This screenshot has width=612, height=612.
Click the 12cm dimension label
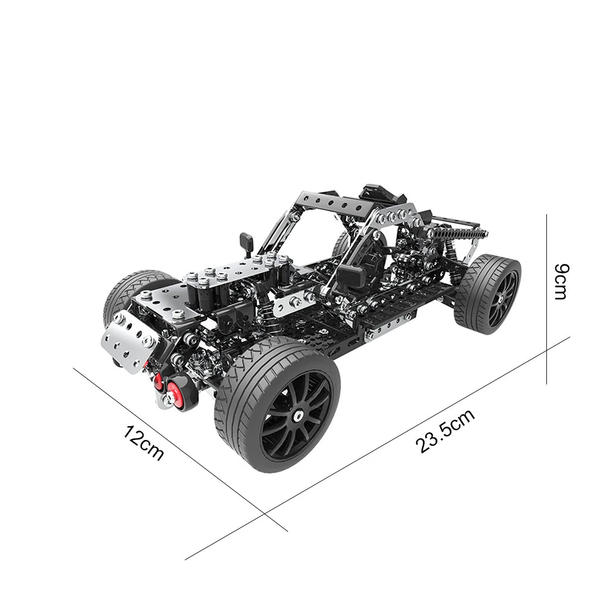(143, 444)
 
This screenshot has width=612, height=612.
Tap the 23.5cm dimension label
(445, 431)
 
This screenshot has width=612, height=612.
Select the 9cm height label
(562, 282)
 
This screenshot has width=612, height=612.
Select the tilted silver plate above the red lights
(129, 340)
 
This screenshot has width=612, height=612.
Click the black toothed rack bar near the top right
(461, 235)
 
